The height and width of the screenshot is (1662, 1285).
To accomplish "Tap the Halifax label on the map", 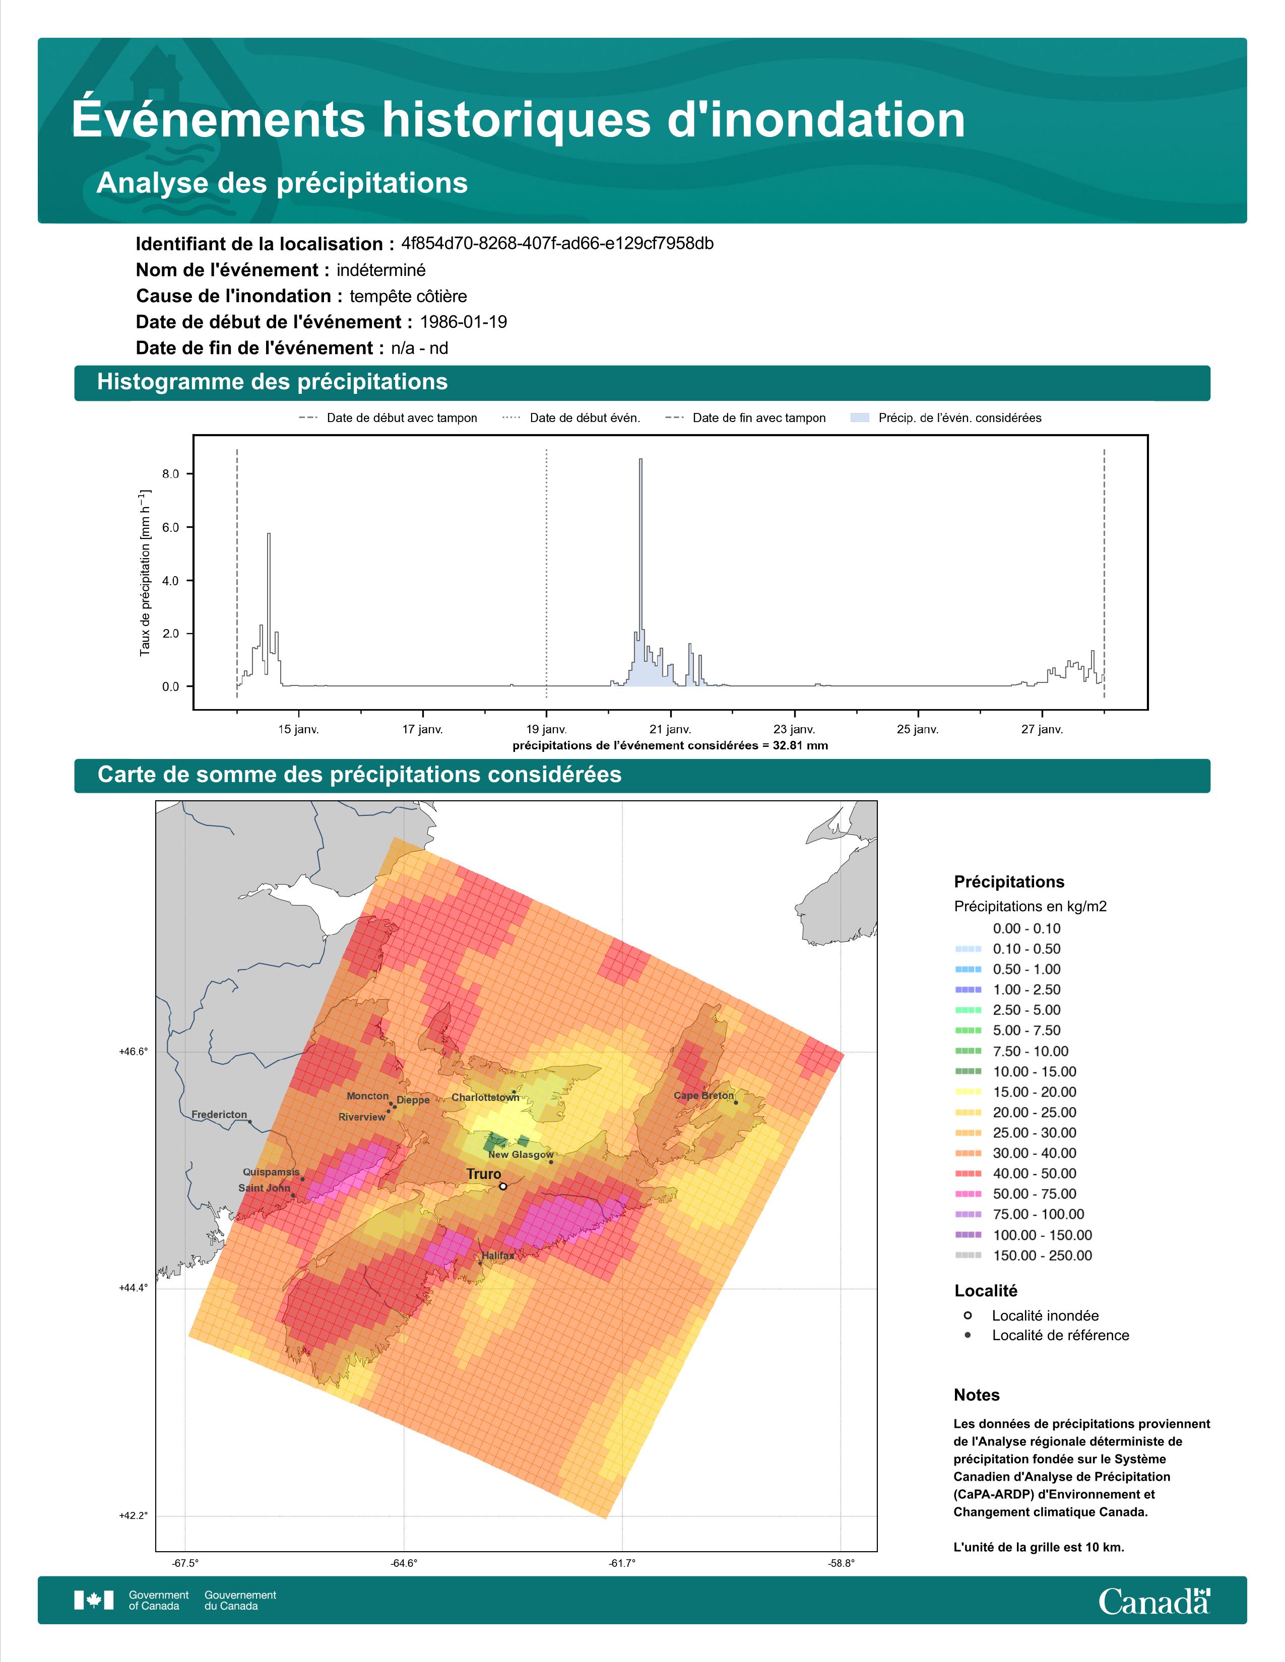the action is pyautogui.click(x=498, y=1256).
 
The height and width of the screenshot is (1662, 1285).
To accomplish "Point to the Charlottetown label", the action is pyautogui.click(x=485, y=1097).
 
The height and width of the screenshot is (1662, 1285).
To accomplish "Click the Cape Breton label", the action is pyautogui.click(x=704, y=1096).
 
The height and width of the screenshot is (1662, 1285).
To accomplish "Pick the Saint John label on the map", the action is pyautogui.click(x=264, y=1188).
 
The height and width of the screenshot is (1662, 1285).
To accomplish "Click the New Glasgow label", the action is pyautogui.click(x=521, y=1154).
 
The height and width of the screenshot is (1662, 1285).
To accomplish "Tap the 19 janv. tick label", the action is pyautogui.click(x=547, y=729).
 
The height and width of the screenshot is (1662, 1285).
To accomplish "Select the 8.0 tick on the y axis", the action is pyautogui.click(x=170, y=473).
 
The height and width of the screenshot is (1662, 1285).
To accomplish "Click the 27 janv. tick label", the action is pyautogui.click(x=1042, y=729).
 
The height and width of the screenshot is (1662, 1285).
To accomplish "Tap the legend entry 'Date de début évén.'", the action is pyautogui.click(x=585, y=418).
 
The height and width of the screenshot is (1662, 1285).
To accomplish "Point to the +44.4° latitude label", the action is pyautogui.click(x=133, y=1288).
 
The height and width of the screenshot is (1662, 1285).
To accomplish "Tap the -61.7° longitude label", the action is pyautogui.click(x=622, y=1563).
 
